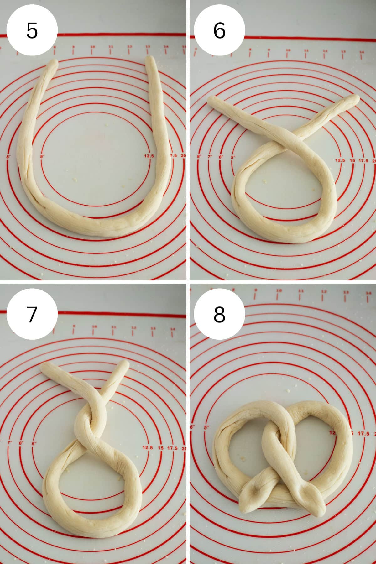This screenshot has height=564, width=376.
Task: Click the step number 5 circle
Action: pos(32,30)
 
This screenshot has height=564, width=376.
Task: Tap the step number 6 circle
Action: pos(219,30)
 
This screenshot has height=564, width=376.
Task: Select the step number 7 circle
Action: pos(32,314)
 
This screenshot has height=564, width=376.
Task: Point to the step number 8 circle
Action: pos(219,314)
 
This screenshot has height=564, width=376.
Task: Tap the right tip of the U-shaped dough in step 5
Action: pos(151,60)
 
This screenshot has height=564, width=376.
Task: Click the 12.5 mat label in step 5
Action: pos(149,156)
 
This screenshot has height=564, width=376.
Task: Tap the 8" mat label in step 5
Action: pos(9,156)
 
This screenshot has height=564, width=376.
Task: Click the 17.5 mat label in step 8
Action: pos(363,434)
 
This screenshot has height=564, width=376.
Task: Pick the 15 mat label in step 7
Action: pos(161,448)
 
